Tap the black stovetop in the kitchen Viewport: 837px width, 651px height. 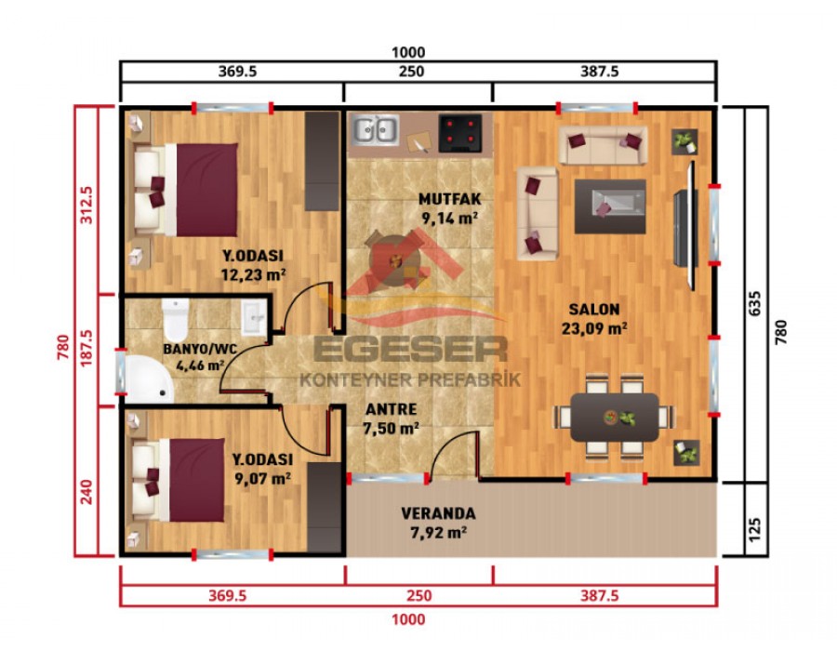461,132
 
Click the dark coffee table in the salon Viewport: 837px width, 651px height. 610,206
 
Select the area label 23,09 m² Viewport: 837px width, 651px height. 593,327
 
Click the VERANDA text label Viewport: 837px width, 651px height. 438,513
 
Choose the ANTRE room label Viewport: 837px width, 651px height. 391,409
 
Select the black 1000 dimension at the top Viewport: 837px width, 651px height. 408,52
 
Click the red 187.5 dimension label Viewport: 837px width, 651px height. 86,351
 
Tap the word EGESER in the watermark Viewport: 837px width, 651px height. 410,349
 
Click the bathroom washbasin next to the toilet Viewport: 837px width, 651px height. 254,319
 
